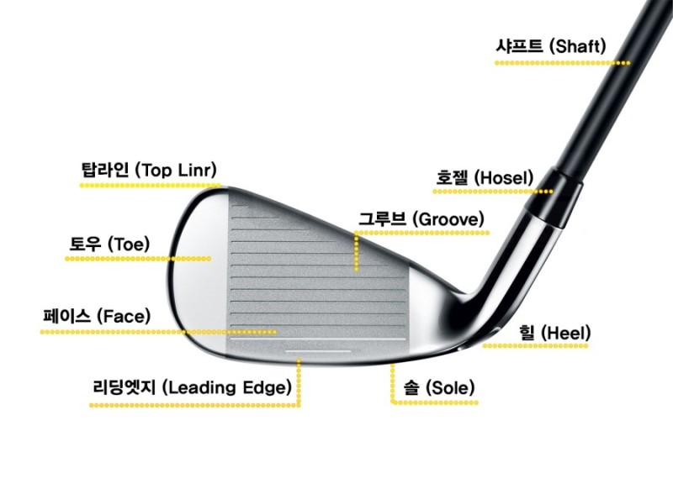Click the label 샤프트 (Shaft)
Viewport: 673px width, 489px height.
[551, 46]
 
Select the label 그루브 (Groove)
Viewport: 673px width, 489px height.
[421, 218]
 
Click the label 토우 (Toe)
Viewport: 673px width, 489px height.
[109, 244]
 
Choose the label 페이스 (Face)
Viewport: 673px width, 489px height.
[97, 317]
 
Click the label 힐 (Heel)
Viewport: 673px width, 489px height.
[554, 333]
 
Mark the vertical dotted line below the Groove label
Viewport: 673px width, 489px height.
[358, 252]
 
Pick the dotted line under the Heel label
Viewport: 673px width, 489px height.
[538, 344]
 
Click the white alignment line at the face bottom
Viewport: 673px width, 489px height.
[318, 347]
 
